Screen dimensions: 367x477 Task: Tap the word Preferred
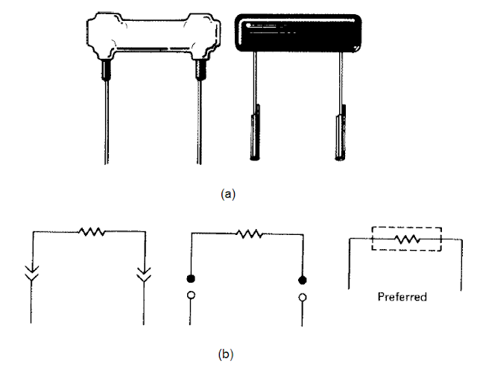[402, 296]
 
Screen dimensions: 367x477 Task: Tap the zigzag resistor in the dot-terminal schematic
[248, 233]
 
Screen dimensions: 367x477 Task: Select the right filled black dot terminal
[302, 280]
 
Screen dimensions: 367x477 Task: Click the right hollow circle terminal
[302, 297]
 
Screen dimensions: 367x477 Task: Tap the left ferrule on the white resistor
[106, 71]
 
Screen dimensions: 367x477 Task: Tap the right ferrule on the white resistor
[199, 71]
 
